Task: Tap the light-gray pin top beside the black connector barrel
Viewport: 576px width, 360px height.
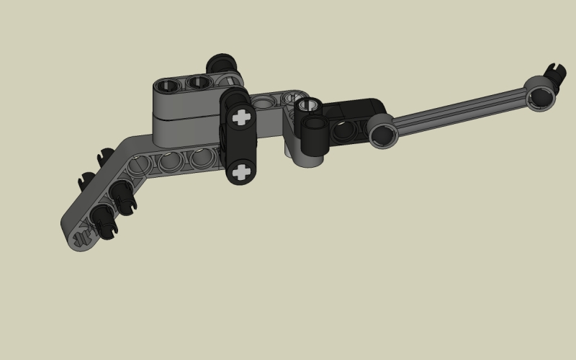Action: tap(308, 106)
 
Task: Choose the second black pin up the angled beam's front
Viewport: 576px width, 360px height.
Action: tap(122, 195)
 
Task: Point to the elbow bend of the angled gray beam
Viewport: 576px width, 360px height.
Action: tap(137, 148)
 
